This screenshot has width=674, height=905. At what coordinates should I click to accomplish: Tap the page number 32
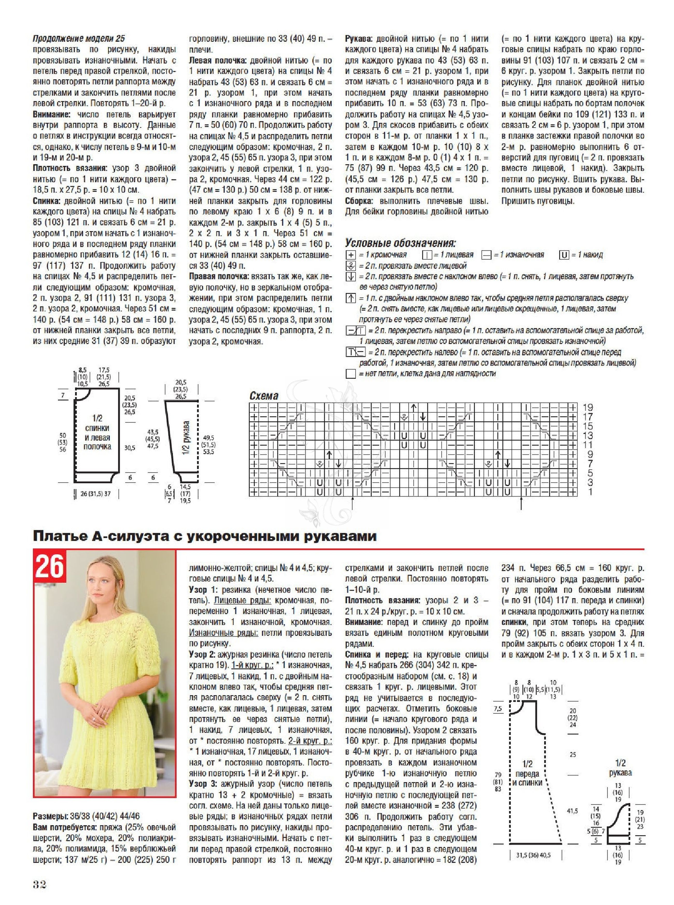(x=40, y=885)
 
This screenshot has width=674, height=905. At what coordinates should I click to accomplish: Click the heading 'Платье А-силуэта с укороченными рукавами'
(x=204, y=536)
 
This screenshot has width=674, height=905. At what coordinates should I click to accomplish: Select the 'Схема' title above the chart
(x=264, y=396)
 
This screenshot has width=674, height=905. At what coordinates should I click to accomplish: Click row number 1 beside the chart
(x=590, y=492)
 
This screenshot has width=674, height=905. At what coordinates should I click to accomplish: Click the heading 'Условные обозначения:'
(x=400, y=243)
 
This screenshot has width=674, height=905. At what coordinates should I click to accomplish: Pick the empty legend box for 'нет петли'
(x=350, y=373)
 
